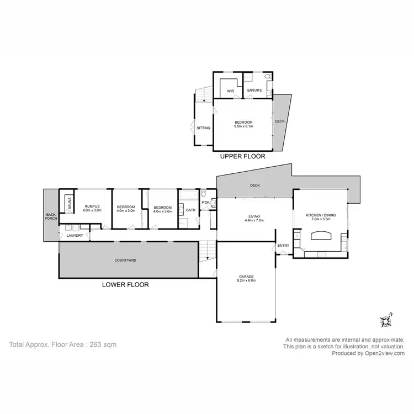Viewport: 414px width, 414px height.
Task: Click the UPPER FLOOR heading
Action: tap(243, 156)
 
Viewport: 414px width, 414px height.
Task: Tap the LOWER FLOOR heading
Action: tap(125, 285)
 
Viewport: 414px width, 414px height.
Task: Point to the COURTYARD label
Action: tap(125, 259)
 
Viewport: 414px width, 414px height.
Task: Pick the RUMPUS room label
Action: tap(93, 206)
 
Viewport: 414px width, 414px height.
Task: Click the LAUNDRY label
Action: tap(75, 236)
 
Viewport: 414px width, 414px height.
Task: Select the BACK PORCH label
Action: tap(51, 217)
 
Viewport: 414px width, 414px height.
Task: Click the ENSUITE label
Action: tap(254, 90)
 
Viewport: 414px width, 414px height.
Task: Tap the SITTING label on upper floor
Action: tap(203, 128)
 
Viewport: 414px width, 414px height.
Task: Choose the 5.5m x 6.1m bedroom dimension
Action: tap(243, 126)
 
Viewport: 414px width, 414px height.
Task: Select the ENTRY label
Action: tap(283, 246)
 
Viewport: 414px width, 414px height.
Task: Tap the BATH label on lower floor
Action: tap(190, 210)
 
